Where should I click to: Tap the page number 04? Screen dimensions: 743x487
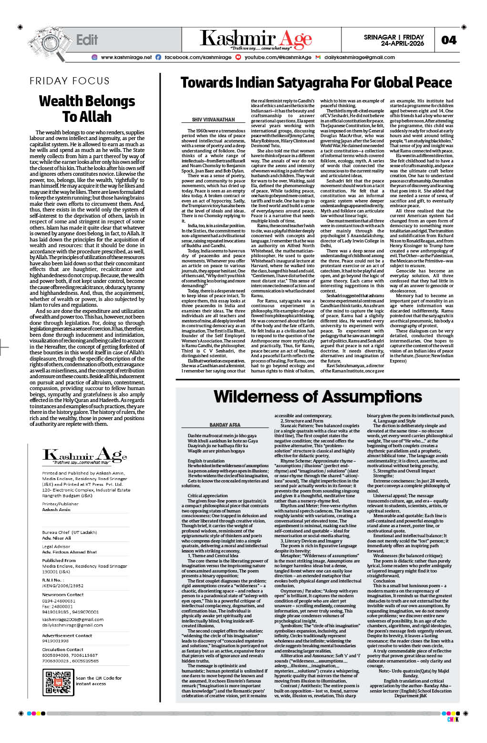tap(448, 40)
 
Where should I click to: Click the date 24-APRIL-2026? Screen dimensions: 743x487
tap(402, 44)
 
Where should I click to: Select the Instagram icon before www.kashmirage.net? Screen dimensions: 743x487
tap(94, 57)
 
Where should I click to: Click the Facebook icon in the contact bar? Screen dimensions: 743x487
tap(158, 57)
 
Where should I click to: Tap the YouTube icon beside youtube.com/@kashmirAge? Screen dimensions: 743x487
tap(238, 57)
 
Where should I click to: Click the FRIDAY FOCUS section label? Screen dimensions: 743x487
tap(70, 81)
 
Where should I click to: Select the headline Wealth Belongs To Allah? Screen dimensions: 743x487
tap(87, 109)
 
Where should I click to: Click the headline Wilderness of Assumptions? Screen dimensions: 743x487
tap(318, 396)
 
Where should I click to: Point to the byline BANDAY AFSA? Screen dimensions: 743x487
tap(225, 424)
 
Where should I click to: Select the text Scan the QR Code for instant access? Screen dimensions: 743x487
tap(98, 681)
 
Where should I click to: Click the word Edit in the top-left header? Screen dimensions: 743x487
tap(87, 40)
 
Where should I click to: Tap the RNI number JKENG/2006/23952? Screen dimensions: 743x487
tap(62, 586)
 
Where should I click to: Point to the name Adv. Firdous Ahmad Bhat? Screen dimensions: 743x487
tap(69, 552)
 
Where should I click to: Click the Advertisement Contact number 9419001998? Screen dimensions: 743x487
tap(55, 641)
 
